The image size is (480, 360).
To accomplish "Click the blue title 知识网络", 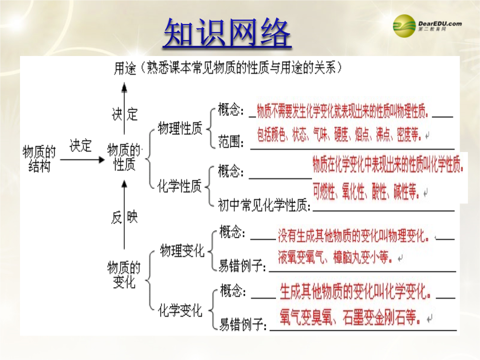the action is click(x=227, y=32).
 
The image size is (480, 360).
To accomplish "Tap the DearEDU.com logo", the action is click(x=427, y=26).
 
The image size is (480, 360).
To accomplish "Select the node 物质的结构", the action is click(x=39, y=159).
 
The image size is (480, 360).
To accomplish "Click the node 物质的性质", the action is click(x=124, y=157).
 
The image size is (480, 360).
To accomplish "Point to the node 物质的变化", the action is click(x=124, y=275).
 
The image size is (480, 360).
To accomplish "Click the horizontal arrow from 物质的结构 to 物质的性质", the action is click(x=82, y=160).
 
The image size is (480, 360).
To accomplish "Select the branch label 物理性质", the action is click(x=180, y=128).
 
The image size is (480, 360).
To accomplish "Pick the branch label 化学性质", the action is click(x=180, y=186).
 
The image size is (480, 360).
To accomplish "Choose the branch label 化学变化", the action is click(x=180, y=310).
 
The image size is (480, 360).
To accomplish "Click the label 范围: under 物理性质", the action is click(x=231, y=142).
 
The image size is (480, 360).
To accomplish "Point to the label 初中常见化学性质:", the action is click(x=264, y=205).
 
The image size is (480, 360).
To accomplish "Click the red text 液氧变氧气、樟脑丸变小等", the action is click(x=335, y=257).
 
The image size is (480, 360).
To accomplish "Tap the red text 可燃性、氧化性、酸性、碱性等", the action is click(x=366, y=192).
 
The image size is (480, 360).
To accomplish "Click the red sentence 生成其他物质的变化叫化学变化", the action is click(x=356, y=291).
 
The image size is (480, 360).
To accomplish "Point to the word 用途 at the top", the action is click(x=125, y=68).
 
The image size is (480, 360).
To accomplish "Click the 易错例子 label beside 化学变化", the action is click(x=243, y=324).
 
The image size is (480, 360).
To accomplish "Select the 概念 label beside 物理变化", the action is click(x=232, y=232).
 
